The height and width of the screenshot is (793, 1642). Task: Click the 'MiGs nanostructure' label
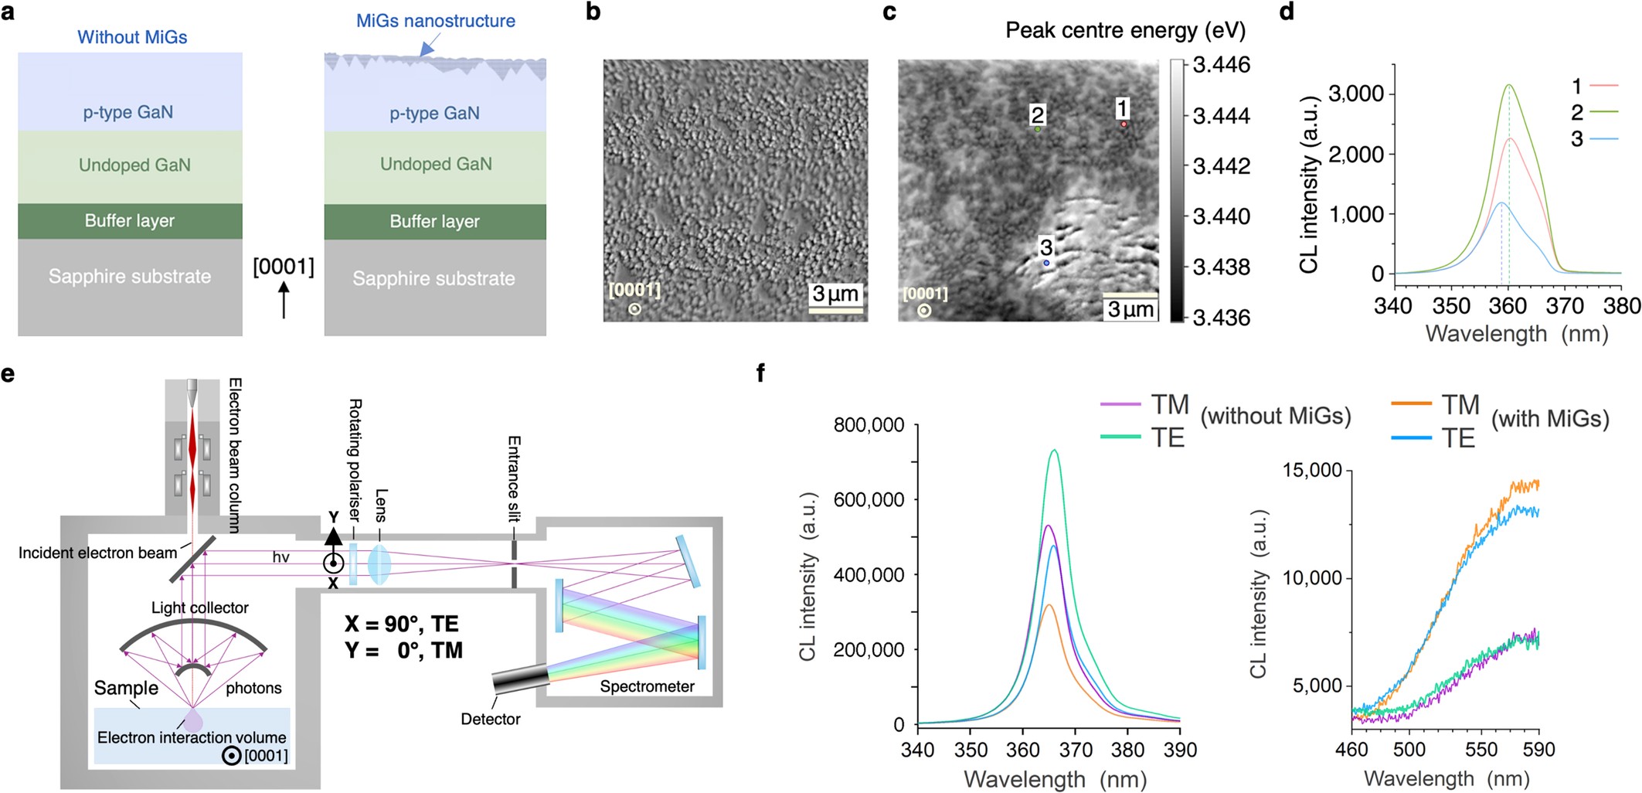point(435,21)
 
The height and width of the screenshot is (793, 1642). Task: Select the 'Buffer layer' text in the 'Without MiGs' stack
point(130,221)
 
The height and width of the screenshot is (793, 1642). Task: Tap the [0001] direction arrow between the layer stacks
point(284,300)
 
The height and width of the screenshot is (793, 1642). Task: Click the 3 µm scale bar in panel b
point(835,309)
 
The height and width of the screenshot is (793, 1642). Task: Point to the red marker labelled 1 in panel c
point(1124,124)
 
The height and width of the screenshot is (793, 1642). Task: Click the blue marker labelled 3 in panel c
point(1046,264)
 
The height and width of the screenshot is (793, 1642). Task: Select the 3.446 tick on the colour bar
point(1221,65)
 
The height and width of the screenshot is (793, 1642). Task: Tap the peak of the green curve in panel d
point(1508,85)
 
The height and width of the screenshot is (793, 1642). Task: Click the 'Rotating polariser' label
point(355,459)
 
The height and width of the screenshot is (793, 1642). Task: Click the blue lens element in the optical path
point(379,562)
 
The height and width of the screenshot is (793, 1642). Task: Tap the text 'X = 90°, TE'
point(401,624)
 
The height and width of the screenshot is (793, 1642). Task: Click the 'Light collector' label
point(199,608)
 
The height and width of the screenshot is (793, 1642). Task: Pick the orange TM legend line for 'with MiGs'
point(1412,403)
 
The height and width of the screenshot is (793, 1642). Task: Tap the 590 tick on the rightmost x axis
point(1538,749)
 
